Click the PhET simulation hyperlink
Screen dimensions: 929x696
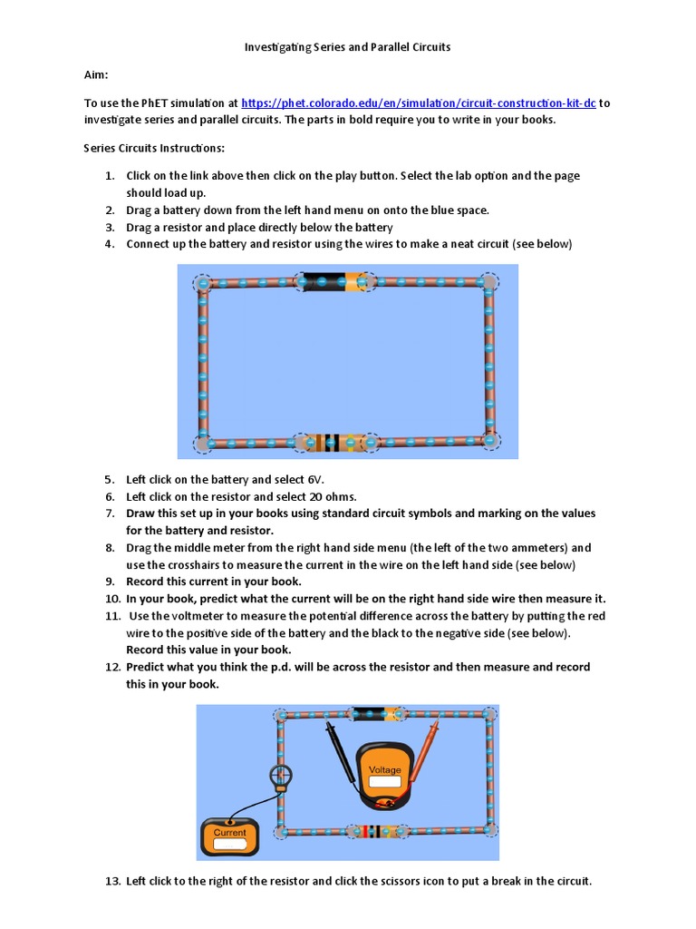coord(418,103)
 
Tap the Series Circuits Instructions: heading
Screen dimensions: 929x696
coord(154,147)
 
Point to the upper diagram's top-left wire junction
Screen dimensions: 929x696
coord(202,284)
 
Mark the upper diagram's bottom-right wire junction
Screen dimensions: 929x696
coord(490,441)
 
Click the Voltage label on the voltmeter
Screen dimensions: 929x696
coord(383,770)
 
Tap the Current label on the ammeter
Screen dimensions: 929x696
coord(229,833)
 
